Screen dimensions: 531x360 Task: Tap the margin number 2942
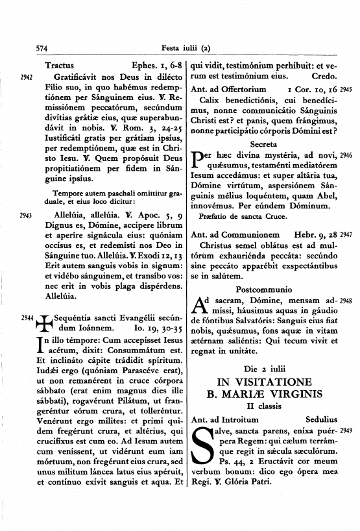pyautogui.click(x=26, y=77)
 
